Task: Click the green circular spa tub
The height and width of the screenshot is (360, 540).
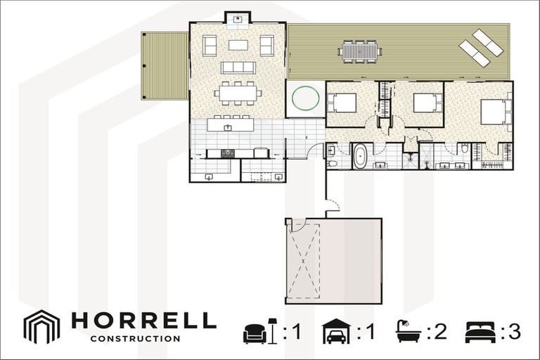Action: click(306, 98)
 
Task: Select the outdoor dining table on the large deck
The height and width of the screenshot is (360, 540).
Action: click(359, 51)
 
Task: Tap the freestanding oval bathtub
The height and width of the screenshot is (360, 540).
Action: click(359, 155)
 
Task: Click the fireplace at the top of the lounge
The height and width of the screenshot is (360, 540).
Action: click(238, 18)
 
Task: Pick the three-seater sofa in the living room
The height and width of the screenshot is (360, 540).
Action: click(238, 67)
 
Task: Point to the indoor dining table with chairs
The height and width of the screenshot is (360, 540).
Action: click(238, 92)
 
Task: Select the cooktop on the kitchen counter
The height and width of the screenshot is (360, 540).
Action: click(228, 153)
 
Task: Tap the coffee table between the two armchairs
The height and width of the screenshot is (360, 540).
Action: click(238, 45)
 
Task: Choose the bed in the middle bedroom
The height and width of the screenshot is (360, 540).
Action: click(427, 103)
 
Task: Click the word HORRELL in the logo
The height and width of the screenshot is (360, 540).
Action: click(143, 321)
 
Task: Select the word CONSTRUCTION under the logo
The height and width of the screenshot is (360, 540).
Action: click(135, 338)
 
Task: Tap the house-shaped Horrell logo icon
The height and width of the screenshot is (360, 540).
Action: click(42, 326)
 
